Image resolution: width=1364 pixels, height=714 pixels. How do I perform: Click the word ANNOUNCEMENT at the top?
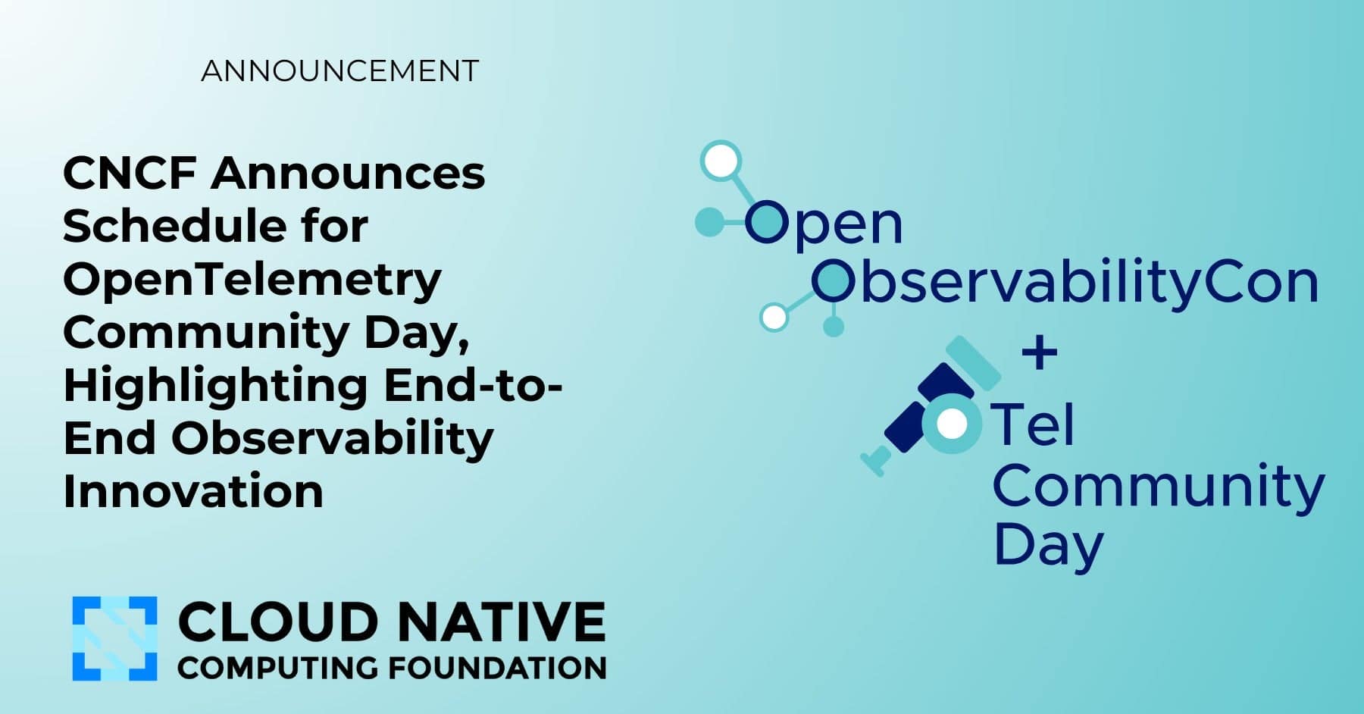tap(340, 71)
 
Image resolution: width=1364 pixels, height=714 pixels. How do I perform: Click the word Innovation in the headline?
tap(193, 492)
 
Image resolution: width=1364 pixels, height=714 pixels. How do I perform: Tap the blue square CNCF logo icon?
tap(115, 638)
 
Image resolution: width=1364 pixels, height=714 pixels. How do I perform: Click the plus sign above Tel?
tap(1040, 353)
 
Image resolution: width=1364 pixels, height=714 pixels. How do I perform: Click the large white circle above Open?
tap(720, 161)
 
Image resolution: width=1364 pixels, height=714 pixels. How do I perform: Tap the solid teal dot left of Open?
tap(710, 221)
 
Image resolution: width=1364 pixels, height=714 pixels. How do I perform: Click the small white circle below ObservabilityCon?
tap(774, 317)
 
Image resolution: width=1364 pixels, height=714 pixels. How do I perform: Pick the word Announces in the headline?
tap(348, 174)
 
